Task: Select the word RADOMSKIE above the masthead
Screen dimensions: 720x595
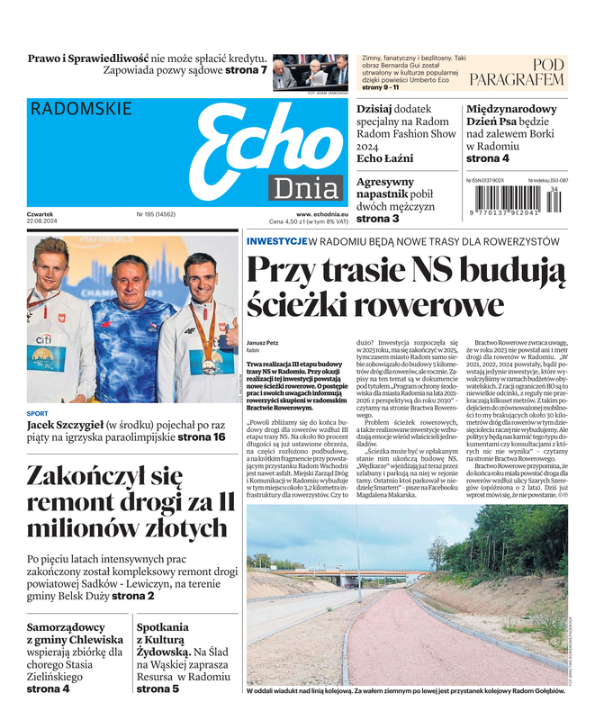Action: click(x=81, y=110)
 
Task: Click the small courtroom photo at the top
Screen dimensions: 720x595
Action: click(x=310, y=71)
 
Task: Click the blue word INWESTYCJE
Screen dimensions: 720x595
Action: click(x=275, y=241)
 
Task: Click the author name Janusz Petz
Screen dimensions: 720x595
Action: click(x=263, y=343)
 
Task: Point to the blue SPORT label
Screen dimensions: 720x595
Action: click(x=37, y=413)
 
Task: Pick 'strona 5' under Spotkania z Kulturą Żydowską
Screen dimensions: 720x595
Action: click(x=158, y=689)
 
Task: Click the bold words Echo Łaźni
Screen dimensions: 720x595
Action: click(x=385, y=158)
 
